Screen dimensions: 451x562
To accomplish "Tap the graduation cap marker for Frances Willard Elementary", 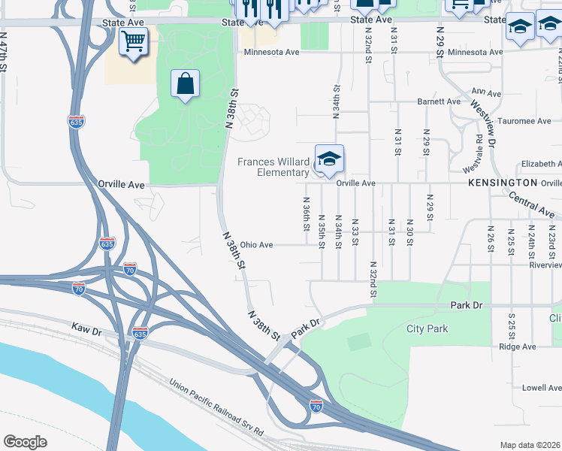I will point(329,159).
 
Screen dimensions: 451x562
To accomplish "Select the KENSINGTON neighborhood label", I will point(502,183).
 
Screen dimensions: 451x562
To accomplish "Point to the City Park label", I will point(427,328).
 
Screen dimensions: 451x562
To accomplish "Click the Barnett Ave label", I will point(439,101).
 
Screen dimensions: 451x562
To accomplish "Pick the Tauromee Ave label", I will point(525,120).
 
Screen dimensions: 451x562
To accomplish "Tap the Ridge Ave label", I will point(518,347).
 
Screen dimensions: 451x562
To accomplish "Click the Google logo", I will point(26,441).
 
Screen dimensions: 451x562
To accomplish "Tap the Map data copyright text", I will point(529,445).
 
